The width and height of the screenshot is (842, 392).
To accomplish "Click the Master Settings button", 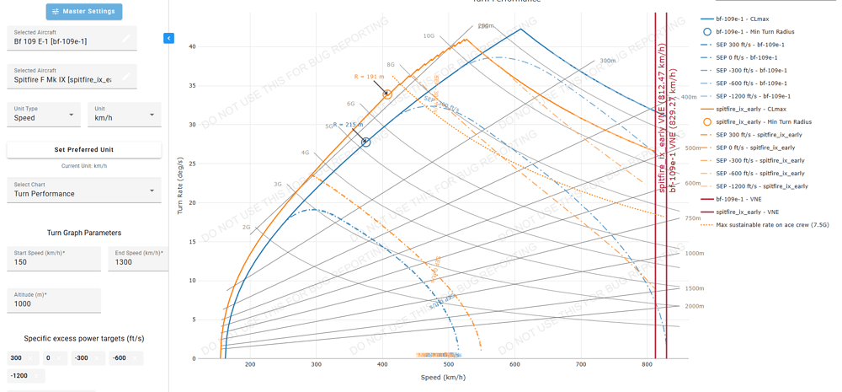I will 84,12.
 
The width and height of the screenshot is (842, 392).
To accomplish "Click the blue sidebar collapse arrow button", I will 168,38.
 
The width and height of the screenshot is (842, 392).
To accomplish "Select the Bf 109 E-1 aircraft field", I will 72,38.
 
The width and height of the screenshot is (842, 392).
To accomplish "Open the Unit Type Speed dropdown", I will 44,115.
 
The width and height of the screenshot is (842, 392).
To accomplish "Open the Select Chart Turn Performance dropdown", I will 83,191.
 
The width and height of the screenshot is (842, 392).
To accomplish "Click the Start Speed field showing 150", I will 53,259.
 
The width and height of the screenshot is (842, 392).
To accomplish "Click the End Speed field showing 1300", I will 137,259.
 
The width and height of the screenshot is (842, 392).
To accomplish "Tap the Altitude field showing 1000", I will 53,301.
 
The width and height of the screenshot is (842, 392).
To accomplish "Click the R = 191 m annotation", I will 369,77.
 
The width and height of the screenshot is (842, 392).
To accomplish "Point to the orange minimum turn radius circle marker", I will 387,94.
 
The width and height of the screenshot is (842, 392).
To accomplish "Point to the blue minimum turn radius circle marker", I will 365,142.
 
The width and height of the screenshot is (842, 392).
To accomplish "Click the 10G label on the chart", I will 429,36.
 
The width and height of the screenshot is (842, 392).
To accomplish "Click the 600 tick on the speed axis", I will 514,365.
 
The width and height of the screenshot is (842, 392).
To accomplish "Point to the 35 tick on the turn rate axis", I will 192,86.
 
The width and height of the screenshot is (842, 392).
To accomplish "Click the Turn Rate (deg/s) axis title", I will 180,185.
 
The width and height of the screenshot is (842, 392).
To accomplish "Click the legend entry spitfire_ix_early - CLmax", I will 751,110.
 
